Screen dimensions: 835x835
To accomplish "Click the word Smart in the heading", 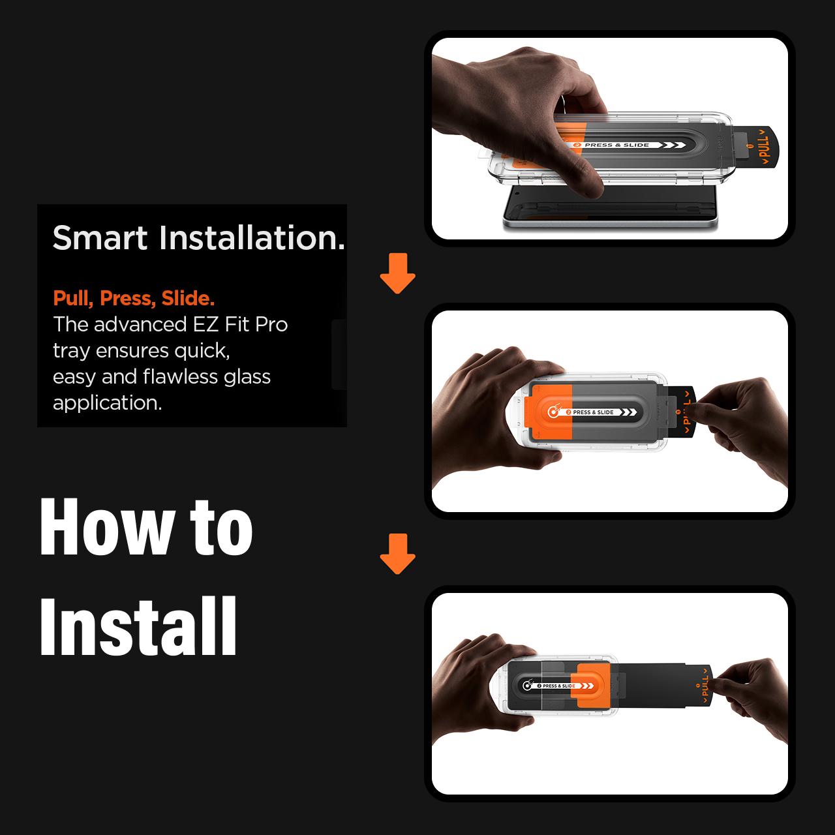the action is [100, 238].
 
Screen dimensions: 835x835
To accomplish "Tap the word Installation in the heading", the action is [252, 238].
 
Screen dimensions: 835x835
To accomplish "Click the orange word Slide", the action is [188, 298].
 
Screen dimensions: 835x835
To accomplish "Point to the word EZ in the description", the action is [205, 325].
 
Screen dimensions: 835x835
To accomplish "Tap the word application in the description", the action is [108, 403].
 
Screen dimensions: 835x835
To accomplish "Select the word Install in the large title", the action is [138, 626].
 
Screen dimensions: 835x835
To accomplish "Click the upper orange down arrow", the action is [397, 274].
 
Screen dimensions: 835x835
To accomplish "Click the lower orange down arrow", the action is [397, 554].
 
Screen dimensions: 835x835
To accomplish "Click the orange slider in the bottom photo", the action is [590, 685].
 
